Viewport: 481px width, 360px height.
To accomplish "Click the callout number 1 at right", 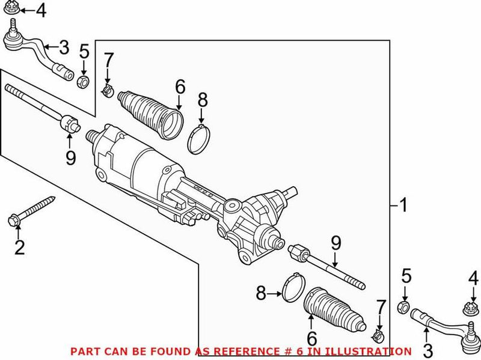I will [403, 206].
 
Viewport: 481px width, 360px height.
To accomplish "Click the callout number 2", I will [20, 247].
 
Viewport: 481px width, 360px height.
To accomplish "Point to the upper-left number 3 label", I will [64, 47].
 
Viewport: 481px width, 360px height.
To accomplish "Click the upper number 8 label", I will [202, 99].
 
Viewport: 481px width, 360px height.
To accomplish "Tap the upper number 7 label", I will [108, 60].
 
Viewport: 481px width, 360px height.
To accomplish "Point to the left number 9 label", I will [71, 159].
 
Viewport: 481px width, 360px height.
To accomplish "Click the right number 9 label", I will [335, 243].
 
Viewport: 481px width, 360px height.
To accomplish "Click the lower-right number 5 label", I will [406, 277].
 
